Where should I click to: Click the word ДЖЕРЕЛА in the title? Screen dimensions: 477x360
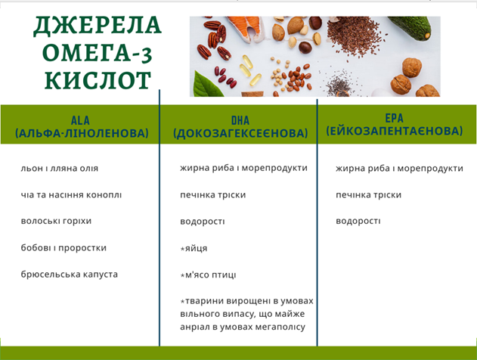pyautogui.click(x=98, y=26)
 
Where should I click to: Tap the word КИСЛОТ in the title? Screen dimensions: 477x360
pyautogui.click(x=98, y=80)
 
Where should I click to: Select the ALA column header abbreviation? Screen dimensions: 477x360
pyautogui.click(x=80, y=120)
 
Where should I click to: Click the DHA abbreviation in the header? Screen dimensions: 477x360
pyautogui.click(x=240, y=120)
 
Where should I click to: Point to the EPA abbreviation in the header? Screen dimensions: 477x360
pyautogui.click(x=395, y=118)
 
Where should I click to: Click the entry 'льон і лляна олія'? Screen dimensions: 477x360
pyautogui.click(x=60, y=169)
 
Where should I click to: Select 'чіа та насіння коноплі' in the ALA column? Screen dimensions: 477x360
pyautogui.click(x=71, y=195)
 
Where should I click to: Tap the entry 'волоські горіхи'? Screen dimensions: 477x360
pyautogui.click(x=56, y=221)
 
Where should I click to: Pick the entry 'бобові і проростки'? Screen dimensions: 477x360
pyautogui.click(x=63, y=248)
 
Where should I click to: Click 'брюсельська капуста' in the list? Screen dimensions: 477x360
pyautogui.click(x=70, y=275)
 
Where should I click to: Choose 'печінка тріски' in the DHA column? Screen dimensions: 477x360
pyautogui.click(x=213, y=195)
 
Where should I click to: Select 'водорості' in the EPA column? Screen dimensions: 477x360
pyautogui.click(x=358, y=221)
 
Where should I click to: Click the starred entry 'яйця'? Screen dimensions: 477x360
pyautogui.click(x=194, y=248)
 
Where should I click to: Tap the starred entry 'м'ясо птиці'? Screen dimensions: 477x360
pyautogui.click(x=208, y=275)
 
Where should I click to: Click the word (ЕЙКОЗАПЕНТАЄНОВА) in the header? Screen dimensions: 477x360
pyautogui.click(x=395, y=131)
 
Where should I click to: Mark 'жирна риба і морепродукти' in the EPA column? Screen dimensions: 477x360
pyautogui.click(x=399, y=169)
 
